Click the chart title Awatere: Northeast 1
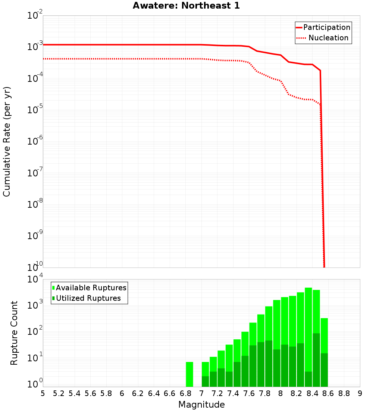click(186, 6)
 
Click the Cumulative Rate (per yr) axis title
click(7, 141)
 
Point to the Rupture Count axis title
click(14, 333)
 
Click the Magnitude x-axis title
click(201, 405)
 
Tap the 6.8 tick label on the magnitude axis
click(185, 393)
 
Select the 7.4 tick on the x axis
click(233, 393)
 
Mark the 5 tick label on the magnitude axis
click(43, 393)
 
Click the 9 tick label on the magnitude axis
click(360, 393)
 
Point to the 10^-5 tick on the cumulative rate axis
click(34, 110)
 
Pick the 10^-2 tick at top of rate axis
click(34, 16)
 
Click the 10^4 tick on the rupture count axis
click(34, 279)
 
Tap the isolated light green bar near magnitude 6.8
click(189, 374)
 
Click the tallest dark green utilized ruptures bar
click(316, 359)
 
